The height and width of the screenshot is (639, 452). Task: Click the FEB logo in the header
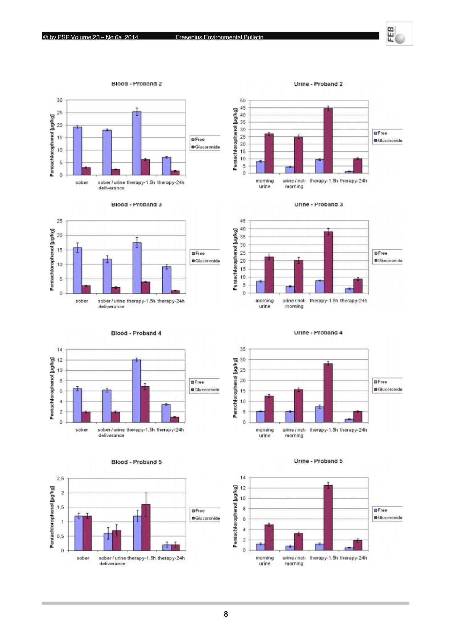tap(399, 33)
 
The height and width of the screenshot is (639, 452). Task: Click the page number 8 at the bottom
tap(226, 614)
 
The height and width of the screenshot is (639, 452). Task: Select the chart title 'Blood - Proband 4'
tap(136, 333)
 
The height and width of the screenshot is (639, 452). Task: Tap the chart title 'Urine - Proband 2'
tap(318, 84)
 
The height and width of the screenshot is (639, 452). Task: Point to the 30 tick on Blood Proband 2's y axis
tap(60, 100)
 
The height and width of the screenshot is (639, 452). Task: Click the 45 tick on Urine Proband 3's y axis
tap(243, 221)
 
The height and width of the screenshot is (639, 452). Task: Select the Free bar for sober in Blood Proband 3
tap(77, 270)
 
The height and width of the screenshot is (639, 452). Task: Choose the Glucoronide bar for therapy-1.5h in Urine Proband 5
tap(328, 518)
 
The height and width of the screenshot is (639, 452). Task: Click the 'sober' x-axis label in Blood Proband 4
tap(82, 430)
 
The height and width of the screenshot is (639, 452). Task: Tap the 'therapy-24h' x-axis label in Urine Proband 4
tap(353, 430)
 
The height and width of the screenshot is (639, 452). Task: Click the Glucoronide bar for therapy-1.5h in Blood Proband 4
tap(145, 404)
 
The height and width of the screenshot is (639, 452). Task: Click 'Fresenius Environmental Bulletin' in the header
tap(219, 37)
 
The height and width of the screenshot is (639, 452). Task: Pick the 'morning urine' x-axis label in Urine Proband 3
tap(265, 303)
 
